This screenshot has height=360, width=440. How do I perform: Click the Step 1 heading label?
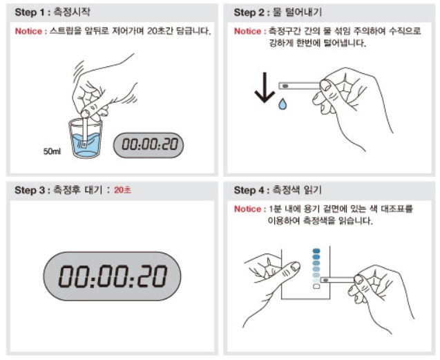pos(52,12)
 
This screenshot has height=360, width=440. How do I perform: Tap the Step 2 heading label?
pos(278,12)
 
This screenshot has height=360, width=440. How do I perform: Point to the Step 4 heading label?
pos(278,190)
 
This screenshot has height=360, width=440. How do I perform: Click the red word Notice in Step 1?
pos(28,31)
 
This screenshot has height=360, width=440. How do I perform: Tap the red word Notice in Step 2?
pos(248,31)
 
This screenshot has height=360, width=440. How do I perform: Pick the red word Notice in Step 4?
pos(248,209)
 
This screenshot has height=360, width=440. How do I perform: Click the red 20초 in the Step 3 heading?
pos(122,190)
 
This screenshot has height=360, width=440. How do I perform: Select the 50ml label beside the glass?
pos(52,151)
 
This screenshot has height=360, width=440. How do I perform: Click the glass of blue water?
pos(86,138)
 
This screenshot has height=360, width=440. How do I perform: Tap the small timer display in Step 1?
pos(149,145)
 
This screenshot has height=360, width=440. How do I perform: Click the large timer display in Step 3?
pos(112,276)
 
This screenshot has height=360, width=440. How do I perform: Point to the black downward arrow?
pos(265,88)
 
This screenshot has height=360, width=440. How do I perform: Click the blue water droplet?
pos(283,104)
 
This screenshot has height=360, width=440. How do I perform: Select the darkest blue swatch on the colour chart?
pos(316,251)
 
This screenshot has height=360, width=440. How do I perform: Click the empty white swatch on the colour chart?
pos(316,287)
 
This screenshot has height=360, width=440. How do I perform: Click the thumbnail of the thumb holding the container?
pos(295,266)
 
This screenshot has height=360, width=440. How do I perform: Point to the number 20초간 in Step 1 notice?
pos(160,31)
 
